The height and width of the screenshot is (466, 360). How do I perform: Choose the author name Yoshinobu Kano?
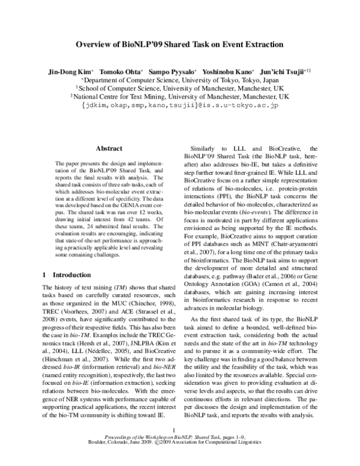tap(229, 71)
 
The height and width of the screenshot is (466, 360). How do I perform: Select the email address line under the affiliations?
tap(179, 105)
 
